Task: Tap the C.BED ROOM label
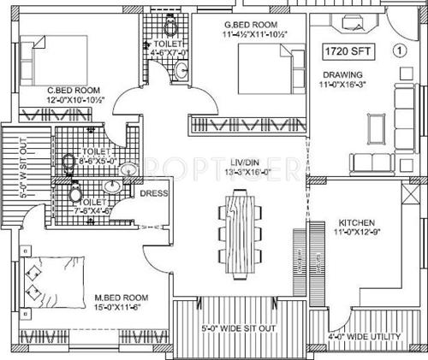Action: [74, 90]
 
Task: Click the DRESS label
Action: [155, 194]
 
